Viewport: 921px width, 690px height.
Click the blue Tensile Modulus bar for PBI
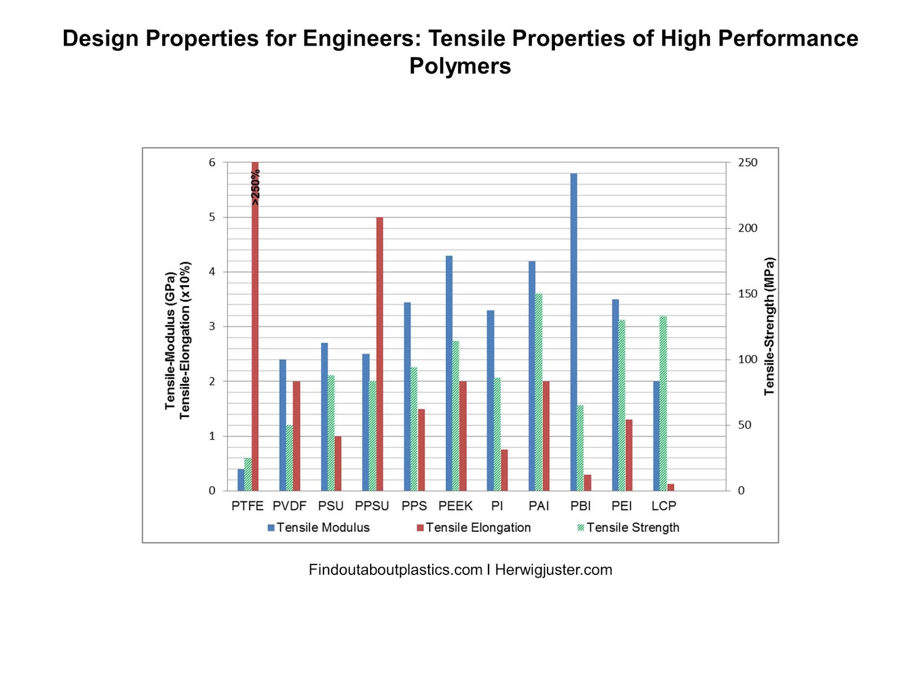click(x=573, y=332)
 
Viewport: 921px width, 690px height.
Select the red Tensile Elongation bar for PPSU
click(x=379, y=354)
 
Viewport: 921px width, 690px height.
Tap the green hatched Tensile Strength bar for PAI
click(x=539, y=392)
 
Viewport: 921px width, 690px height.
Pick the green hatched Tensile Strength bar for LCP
click(x=663, y=403)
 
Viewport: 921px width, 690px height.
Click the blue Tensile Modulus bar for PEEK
click(x=449, y=373)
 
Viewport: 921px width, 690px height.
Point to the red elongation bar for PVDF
click(x=296, y=436)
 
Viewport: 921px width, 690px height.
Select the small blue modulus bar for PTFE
click(x=241, y=480)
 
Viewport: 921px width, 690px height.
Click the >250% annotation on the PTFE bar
click(x=256, y=187)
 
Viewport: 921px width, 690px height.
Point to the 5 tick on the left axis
click(x=212, y=217)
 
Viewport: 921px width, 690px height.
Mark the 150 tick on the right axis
click(x=748, y=294)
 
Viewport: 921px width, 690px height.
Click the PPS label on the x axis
click(x=414, y=506)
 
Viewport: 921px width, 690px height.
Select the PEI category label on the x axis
click(x=622, y=506)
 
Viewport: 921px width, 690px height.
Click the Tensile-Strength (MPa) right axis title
click(x=770, y=326)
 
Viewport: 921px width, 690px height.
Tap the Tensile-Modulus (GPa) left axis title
click(x=170, y=341)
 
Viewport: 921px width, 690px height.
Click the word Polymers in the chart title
click(x=460, y=66)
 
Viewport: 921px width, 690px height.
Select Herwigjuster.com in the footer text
click(x=553, y=570)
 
